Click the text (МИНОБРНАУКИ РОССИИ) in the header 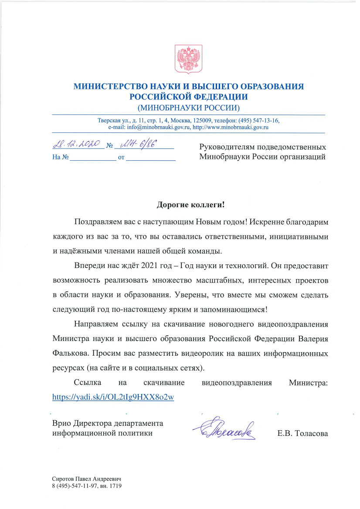(x=188, y=108)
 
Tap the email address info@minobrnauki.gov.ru (x=153, y=128)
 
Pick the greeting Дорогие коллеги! (x=188, y=204)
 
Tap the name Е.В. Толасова (x=302, y=434)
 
